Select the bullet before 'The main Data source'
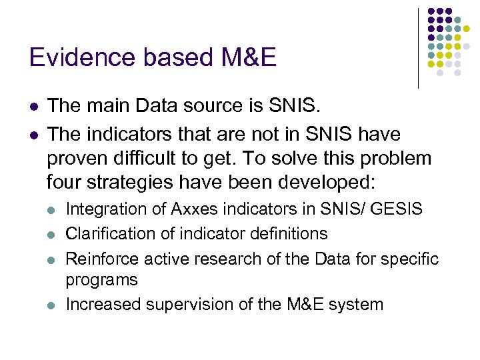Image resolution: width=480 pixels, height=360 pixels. tap(33, 107)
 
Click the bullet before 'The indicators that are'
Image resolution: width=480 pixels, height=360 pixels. tap(33, 135)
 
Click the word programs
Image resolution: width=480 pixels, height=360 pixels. tap(101, 280)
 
